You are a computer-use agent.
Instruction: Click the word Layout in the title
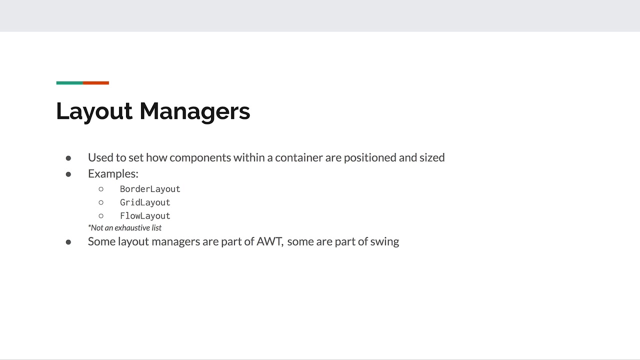94,111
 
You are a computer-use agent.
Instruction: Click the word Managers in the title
194,111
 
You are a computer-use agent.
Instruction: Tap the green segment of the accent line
69,83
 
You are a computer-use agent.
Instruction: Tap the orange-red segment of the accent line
96,83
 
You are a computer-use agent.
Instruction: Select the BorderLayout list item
150,189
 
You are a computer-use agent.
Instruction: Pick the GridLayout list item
145,202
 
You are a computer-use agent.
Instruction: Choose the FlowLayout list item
145,216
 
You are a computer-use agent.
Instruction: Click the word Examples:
113,174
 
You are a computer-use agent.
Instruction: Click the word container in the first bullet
298,158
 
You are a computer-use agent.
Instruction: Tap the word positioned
370,158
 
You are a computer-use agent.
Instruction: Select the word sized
432,158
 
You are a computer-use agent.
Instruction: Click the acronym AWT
269,241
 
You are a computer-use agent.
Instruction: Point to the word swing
384,242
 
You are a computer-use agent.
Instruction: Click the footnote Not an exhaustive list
125,228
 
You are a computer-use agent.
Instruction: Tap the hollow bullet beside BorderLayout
101,189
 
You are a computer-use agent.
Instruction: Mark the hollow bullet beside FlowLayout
101,216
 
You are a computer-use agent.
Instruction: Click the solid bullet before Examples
68,174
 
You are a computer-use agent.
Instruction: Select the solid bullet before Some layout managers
68,242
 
